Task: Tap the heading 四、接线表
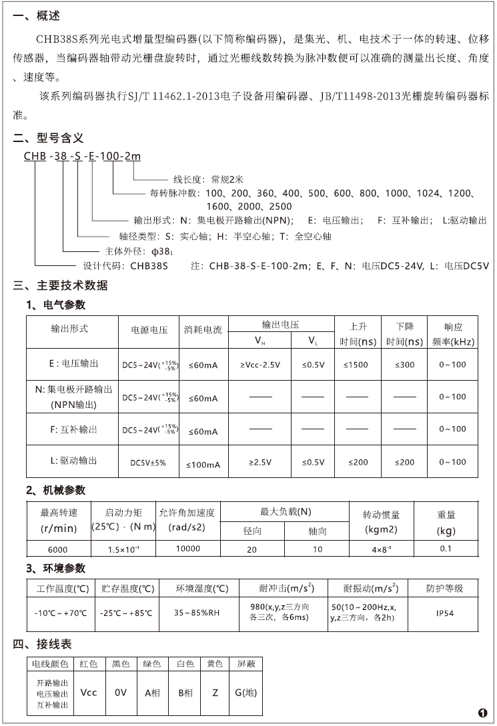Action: pyautogui.click(x=43, y=645)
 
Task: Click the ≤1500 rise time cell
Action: pyautogui.click(x=358, y=365)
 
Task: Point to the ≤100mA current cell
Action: pyautogui.click(x=203, y=463)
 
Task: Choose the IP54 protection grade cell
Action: pyautogui.click(x=444, y=613)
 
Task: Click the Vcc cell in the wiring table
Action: pyautogui.click(x=89, y=693)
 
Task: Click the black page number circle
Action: pyautogui.click(x=483, y=712)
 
